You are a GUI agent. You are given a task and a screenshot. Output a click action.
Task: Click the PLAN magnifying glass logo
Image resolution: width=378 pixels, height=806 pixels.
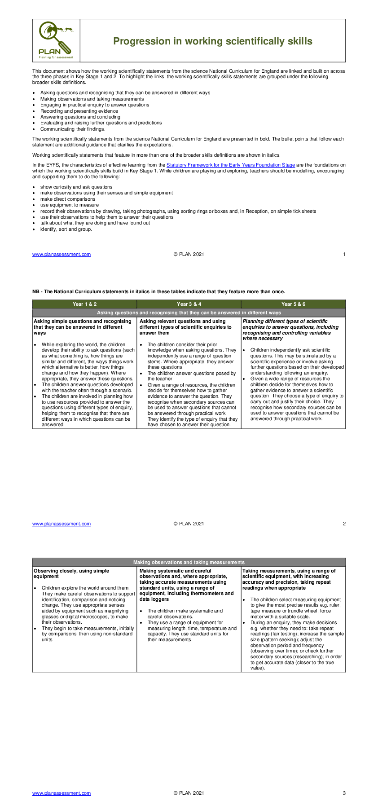56,40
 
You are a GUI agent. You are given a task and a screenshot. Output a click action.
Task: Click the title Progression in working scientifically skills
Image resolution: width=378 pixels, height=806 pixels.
212,41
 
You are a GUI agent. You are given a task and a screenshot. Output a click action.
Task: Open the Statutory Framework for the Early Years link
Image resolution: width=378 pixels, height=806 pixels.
230,165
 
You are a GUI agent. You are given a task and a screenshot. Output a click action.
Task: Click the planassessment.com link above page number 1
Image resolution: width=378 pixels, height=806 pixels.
62,255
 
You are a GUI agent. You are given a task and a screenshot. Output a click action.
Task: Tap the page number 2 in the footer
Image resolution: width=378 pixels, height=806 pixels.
344,524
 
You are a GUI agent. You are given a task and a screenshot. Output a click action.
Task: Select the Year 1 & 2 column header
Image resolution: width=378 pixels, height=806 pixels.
84,304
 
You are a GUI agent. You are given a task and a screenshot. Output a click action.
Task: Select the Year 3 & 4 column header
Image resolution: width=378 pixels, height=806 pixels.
189,304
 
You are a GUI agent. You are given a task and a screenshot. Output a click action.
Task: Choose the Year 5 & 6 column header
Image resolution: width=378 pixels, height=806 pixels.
293,304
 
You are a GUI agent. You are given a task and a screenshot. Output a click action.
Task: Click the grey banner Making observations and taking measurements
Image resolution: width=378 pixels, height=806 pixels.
189,562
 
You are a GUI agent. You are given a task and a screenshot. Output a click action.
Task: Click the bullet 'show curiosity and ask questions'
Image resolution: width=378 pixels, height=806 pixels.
76,187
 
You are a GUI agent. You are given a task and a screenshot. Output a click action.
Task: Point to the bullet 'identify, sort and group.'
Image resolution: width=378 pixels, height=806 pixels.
66,229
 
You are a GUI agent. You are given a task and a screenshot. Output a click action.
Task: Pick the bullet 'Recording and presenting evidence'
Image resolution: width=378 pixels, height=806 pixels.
79,111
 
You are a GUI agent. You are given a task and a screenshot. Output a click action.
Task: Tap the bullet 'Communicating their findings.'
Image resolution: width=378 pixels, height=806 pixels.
73,129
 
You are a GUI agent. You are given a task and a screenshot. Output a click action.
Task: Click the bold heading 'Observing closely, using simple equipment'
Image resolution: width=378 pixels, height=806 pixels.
71,573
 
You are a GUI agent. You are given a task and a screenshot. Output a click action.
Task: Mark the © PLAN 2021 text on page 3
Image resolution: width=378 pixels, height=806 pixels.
189,793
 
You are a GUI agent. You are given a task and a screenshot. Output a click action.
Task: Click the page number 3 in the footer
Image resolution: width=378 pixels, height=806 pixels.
344,793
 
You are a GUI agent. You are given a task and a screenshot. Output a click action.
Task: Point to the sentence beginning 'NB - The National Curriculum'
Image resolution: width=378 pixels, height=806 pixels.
158,292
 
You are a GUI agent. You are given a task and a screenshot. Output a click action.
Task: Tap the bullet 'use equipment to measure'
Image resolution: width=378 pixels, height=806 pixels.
69,205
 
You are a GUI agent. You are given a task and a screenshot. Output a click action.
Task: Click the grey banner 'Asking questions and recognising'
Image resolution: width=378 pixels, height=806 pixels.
189,313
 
